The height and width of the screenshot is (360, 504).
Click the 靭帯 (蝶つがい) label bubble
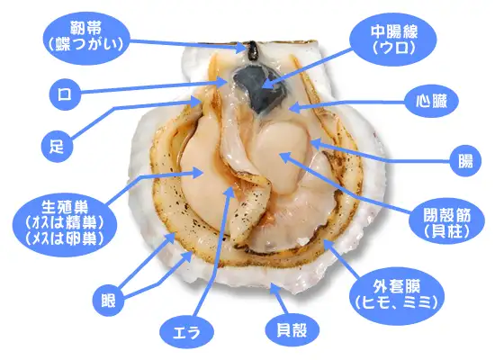point(86,37)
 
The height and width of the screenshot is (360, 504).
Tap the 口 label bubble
point(65,94)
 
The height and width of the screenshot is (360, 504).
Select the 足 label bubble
point(58,147)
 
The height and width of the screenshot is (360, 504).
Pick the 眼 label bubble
point(108,301)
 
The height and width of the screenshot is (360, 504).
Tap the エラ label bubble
point(187,332)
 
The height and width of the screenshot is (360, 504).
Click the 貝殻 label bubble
point(292,329)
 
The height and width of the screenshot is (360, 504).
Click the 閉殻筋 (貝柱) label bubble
point(446,221)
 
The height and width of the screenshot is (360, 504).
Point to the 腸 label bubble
point(465,160)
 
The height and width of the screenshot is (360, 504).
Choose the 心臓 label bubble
point(431,101)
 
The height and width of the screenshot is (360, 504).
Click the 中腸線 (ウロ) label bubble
point(394,40)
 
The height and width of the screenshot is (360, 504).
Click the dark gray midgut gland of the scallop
point(259,88)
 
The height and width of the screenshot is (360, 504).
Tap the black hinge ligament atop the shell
point(252,50)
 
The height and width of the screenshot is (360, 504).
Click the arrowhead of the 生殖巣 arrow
point(197,173)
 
